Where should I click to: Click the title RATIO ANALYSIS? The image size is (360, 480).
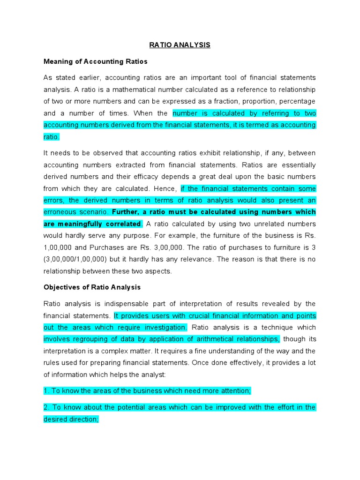tap(180, 45)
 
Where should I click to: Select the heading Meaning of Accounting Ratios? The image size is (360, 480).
tap(95, 61)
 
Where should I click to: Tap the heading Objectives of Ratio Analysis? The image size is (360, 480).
tap(92, 287)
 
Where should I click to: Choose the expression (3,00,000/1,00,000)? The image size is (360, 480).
tap(83, 259)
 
